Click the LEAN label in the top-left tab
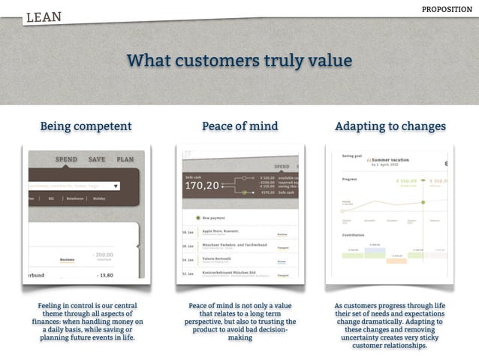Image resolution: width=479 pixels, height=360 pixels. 44,17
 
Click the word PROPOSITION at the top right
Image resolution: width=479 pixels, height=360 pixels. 447,9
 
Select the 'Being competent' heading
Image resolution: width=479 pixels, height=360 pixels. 86,126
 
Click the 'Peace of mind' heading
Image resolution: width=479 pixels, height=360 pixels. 239,126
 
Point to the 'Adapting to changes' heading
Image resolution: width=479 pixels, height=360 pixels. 390,126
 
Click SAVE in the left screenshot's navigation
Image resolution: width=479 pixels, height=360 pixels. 97,159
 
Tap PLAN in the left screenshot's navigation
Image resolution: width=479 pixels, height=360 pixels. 125,159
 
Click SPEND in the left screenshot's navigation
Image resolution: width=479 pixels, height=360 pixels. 66,159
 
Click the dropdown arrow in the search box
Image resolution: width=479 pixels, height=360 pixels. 116,186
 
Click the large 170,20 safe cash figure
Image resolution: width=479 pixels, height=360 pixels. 202,185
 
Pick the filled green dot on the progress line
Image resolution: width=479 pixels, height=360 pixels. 423,202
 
